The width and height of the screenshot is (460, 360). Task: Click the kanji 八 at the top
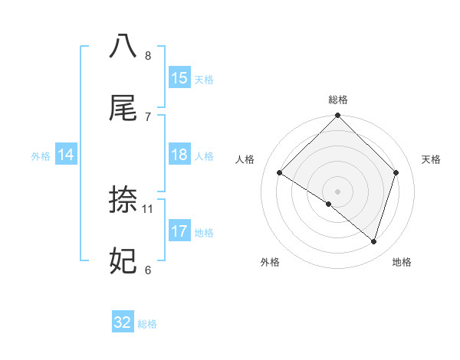click(x=123, y=45)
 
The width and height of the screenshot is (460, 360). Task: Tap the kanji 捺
click(x=123, y=199)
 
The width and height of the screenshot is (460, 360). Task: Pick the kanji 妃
click(x=123, y=261)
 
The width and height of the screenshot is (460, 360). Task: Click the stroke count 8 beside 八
click(x=148, y=55)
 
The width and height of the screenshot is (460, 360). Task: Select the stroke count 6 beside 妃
click(x=148, y=270)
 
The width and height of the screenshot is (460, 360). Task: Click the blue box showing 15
click(x=179, y=78)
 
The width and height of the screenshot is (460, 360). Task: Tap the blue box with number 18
click(x=179, y=155)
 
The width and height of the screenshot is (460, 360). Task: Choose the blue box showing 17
click(x=179, y=231)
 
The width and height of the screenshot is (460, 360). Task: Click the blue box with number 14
click(x=66, y=155)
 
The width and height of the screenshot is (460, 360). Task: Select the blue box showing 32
click(x=123, y=322)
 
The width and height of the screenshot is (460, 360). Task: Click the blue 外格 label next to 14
click(x=41, y=156)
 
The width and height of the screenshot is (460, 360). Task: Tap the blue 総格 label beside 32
click(x=147, y=324)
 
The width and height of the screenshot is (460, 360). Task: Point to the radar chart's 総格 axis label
click(x=338, y=100)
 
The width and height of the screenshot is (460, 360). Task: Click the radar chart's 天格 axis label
click(x=431, y=159)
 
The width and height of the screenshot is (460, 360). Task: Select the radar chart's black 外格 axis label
click(x=269, y=262)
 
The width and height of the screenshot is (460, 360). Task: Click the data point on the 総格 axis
click(x=338, y=116)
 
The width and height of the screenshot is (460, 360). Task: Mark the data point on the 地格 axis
click(x=374, y=241)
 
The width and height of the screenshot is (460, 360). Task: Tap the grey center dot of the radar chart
click(x=338, y=191)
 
